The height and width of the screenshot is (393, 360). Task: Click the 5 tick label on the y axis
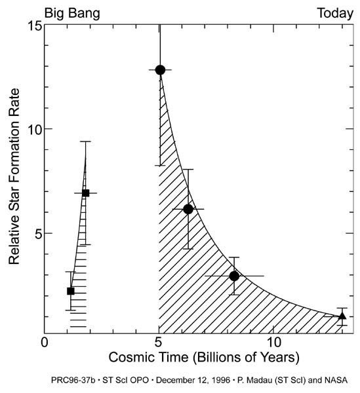coord(35,234)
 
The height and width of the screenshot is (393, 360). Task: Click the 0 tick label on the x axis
coord(45,342)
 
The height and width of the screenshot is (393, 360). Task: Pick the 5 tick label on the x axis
coord(159,342)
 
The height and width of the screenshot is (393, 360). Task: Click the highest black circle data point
coord(160,69)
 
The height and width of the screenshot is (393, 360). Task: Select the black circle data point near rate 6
coord(188,209)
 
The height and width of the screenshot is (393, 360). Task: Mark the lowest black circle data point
coord(234,276)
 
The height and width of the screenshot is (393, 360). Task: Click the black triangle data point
coord(342,316)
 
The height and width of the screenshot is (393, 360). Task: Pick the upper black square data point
coord(85,193)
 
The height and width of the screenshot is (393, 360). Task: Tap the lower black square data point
coord(71,291)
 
